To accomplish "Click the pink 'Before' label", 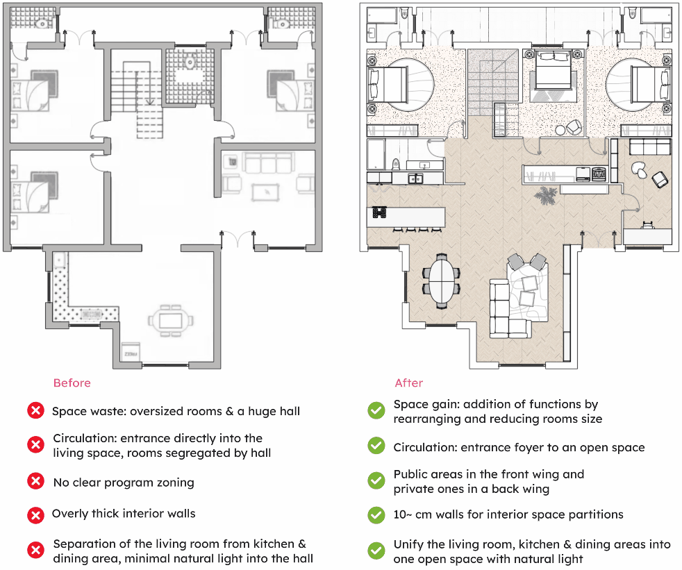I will pyautogui.click(x=72, y=383).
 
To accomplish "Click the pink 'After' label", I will pyautogui.click(x=408, y=383).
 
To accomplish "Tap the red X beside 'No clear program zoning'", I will pyautogui.click(x=35, y=481).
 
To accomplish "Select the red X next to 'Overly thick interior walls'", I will pyautogui.click(x=35, y=515).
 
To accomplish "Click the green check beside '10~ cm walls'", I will pyautogui.click(x=376, y=515).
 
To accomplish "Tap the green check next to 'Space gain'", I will pyautogui.click(x=376, y=411).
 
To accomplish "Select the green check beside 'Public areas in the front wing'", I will pyautogui.click(x=376, y=480).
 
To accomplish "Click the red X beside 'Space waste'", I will pyautogui.click(x=35, y=411).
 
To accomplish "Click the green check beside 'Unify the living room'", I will pyautogui.click(x=376, y=551).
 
